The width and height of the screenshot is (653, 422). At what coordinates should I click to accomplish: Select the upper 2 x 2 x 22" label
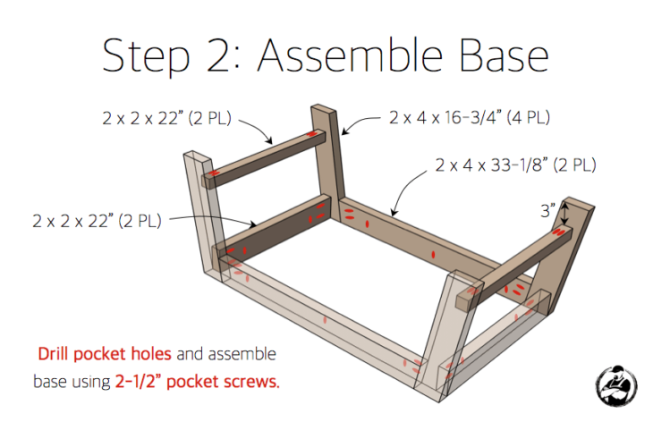pyautogui.click(x=166, y=115)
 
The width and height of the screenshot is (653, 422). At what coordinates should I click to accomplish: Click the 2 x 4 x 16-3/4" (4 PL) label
pyautogui.click(x=470, y=116)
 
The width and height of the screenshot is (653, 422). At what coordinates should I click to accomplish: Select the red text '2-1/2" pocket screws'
pyautogui.click(x=197, y=382)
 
